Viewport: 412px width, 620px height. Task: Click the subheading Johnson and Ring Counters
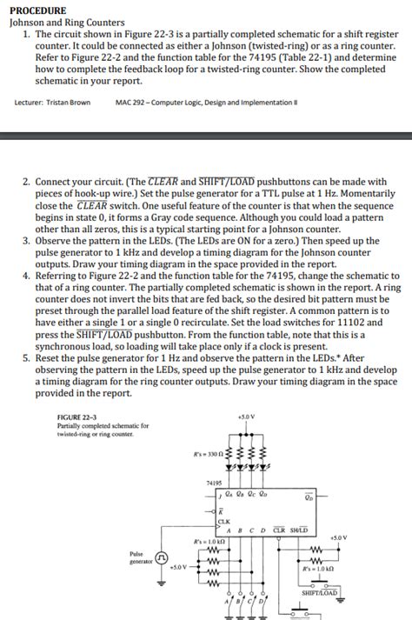click(66, 22)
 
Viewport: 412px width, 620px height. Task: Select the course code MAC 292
click(130, 102)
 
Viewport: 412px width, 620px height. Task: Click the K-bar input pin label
click(221, 510)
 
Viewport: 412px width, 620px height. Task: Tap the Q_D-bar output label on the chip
click(308, 497)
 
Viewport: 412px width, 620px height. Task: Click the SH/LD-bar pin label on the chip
click(298, 530)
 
